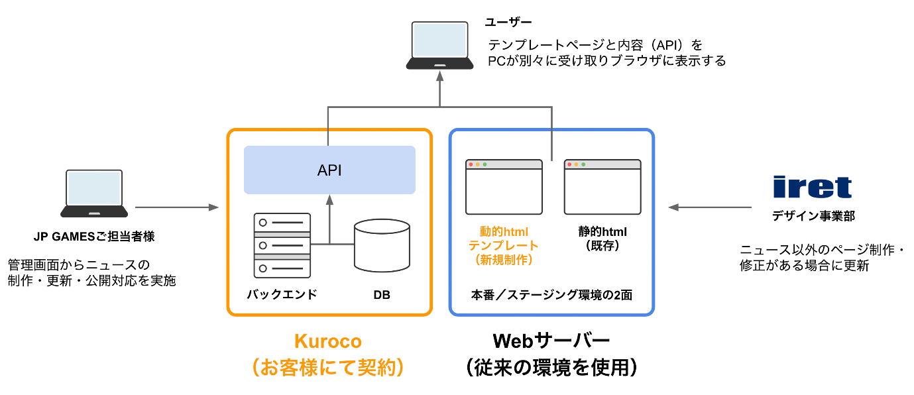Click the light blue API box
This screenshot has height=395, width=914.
[x=329, y=170]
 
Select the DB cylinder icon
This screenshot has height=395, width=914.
[x=381, y=246]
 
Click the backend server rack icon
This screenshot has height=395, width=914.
[x=282, y=245]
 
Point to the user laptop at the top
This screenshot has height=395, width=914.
[x=440, y=45]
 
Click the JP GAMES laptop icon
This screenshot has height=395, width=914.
[x=94, y=194]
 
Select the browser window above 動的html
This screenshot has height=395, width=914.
[x=504, y=187]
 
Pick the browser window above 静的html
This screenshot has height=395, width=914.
[x=602, y=187]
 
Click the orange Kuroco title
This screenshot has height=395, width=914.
[x=328, y=341]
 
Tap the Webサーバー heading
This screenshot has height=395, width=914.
[x=551, y=341]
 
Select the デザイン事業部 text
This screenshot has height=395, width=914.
[x=812, y=215]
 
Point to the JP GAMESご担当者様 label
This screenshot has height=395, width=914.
[x=94, y=236]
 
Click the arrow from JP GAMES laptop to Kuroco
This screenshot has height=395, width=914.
[x=176, y=207]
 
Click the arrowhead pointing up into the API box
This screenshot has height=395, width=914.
[x=329, y=198]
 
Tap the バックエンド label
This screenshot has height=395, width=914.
[x=282, y=294]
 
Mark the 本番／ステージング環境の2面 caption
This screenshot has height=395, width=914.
[x=551, y=295]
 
